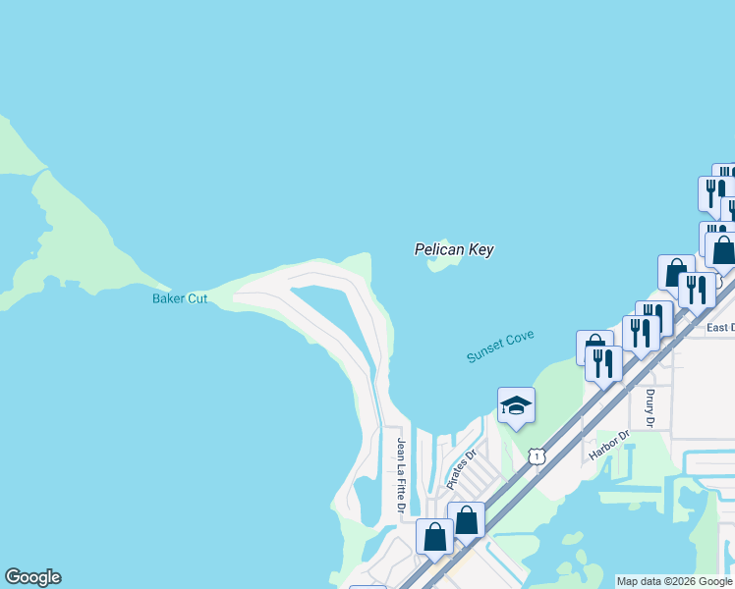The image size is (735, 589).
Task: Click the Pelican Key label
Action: point(453,250)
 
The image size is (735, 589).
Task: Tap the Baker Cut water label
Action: point(180,298)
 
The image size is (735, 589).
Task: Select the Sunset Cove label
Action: point(500,348)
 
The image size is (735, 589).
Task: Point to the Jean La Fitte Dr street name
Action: point(401,475)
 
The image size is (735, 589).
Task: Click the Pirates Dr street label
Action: point(461,469)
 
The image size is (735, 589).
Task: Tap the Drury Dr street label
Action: point(650,407)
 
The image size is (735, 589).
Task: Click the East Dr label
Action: point(720,327)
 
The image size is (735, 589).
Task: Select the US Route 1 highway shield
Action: point(536,455)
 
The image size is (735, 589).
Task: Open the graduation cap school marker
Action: point(516,404)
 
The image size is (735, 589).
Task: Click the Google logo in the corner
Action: point(32,577)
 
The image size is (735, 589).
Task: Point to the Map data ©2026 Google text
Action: point(674,581)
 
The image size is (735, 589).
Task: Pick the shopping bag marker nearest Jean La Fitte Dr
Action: point(434,536)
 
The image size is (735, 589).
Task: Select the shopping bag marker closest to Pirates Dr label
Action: point(466,519)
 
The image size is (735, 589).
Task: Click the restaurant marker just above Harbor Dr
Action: point(603,363)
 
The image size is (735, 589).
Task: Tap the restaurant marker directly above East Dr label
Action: point(697,290)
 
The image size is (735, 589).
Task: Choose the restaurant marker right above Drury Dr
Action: point(641,333)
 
